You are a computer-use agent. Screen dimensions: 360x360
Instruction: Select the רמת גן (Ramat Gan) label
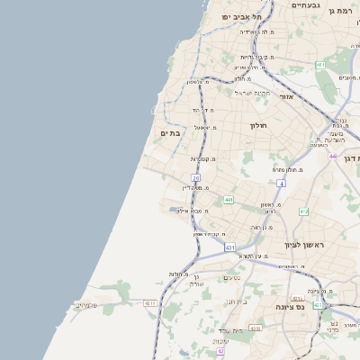point(343,12)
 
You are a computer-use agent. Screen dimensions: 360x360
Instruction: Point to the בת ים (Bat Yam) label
point(170,132)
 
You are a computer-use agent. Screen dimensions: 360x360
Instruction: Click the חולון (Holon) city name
point(258,126)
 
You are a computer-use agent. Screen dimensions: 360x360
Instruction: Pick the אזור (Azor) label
point(287,96)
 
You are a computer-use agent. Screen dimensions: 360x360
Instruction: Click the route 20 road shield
point(196,178)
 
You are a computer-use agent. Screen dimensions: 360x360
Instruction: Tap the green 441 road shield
point(229,200)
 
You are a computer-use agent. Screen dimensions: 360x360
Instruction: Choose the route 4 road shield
point(281,184)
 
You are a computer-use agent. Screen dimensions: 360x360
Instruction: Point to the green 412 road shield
point(303,211)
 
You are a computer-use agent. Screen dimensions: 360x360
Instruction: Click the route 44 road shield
point(332,157)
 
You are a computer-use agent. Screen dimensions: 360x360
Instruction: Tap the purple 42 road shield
point(220,351)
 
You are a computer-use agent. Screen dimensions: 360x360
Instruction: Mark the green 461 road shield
point(320,66)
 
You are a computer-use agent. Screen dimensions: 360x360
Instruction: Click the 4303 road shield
point(256,328)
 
